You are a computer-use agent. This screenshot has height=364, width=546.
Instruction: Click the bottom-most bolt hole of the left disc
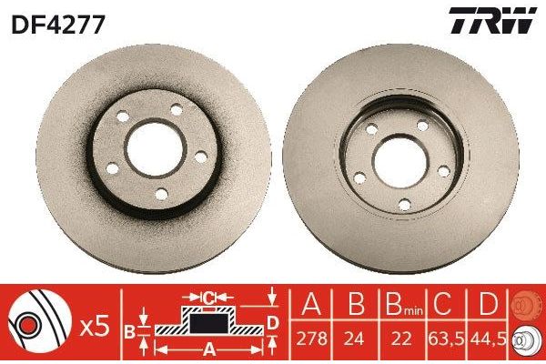[161, 193]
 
